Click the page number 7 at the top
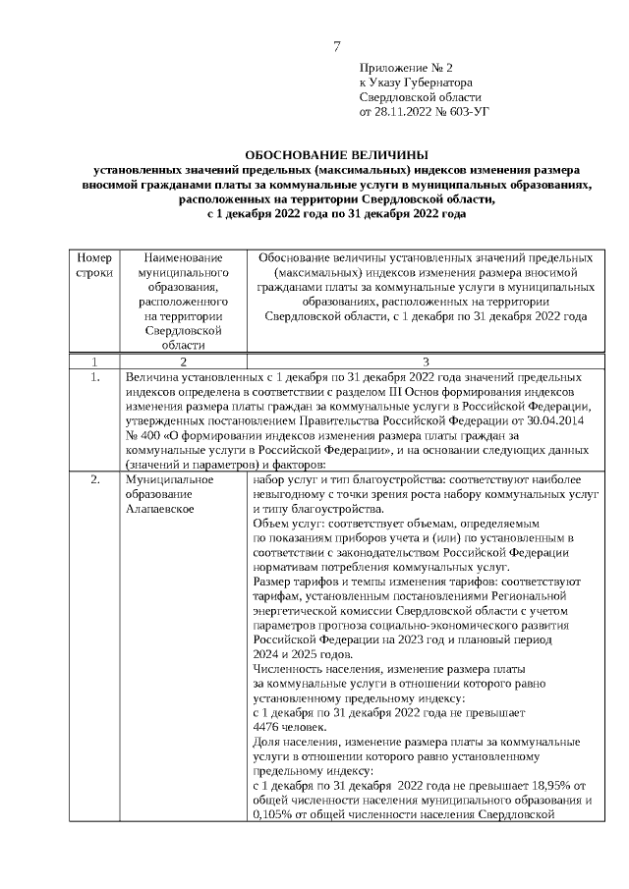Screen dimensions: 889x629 [x=336, y=46]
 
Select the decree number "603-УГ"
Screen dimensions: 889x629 [x=467, y=113]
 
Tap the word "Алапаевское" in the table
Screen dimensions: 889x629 [x=158, y=509]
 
